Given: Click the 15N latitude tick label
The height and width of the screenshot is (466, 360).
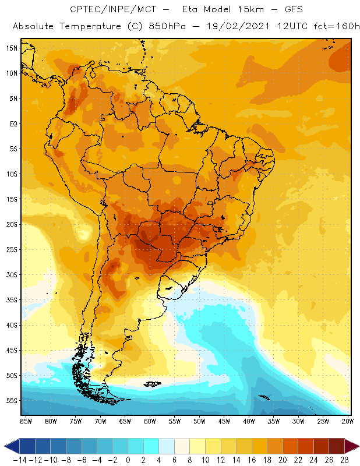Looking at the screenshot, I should point(12,48).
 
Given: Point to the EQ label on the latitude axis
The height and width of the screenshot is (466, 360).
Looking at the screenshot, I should point(13,123).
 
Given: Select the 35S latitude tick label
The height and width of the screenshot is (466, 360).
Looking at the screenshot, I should point(12,299).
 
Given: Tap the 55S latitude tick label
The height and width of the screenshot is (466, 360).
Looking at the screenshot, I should point(12,400).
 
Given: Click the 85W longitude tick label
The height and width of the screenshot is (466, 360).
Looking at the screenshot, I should point(26,421).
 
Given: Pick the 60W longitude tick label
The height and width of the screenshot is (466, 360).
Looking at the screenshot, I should point(150,421).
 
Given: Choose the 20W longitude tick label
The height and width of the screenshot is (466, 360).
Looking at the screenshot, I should point(348,421).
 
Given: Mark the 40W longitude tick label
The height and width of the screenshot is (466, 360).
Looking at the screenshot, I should point(249,421).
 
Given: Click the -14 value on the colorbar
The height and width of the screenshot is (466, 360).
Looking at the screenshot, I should point(19,459).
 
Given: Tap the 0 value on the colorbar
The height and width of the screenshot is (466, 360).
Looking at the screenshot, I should point(128,459).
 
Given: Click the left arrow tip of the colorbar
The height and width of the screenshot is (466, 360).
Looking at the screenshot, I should point(5,446).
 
